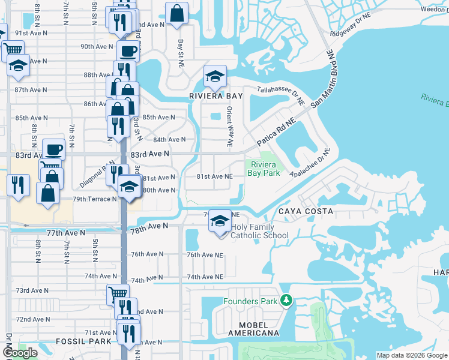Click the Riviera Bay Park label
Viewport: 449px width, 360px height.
(265, 169)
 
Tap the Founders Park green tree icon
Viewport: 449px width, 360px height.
(286, 299)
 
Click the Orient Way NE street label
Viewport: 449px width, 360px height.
(229, 127)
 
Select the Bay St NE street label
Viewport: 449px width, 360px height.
(180, 53)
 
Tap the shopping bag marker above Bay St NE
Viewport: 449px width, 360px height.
(177, 13)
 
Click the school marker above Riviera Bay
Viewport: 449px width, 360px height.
(214, 76)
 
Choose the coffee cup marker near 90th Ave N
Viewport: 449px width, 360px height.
(127, 51)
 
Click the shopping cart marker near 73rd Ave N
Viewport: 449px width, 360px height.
(118, 294)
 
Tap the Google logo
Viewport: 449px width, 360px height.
(20, 353)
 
